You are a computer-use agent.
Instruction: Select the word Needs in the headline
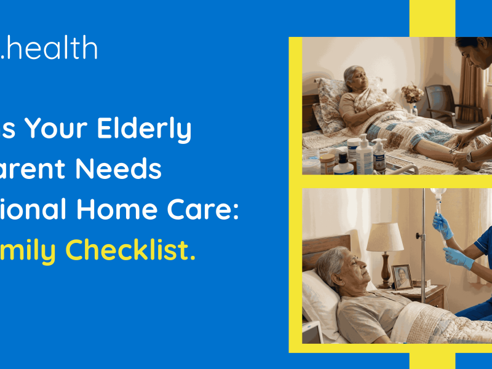(x=129, y=170)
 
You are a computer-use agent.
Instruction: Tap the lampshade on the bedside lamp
(x=385, y=237)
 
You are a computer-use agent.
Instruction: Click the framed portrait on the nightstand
(x=402, y=277)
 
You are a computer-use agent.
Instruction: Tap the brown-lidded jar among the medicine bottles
(x=328, y=164)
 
